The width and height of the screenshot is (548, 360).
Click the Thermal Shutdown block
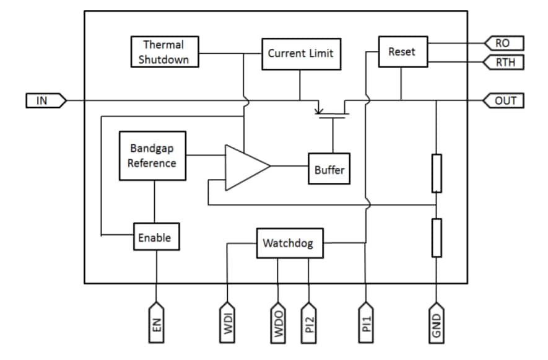pos(163,52)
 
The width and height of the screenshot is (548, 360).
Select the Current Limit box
pos(300,54)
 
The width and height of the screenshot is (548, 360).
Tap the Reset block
pos(401,51)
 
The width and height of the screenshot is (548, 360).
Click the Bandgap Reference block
pos(152,156)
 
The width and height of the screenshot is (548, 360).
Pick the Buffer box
pos(329,169)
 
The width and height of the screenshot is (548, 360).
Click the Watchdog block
pos(288,243)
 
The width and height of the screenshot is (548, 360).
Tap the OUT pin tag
pos(504,100)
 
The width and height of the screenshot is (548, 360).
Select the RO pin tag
pos(504,43)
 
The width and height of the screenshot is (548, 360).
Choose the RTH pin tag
pos(504,62)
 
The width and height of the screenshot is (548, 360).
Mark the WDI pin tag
pos(228,323)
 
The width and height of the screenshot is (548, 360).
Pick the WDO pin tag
pos(277,323)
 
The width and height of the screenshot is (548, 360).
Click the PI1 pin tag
pos(367,323)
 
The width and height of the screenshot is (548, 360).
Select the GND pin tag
pos(437,323)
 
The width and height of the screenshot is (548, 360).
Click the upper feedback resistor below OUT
pos(437,173)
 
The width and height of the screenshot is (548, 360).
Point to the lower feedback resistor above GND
pos(437,237)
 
